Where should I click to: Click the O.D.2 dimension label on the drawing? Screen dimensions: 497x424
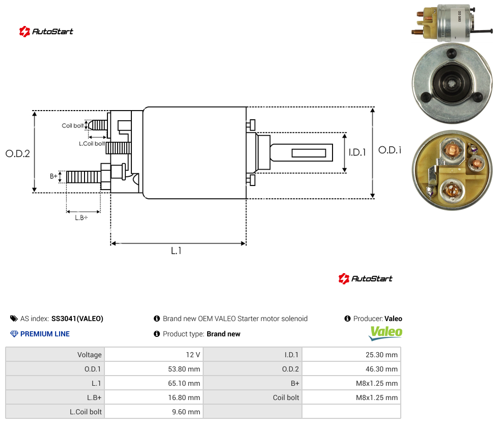(18, 154)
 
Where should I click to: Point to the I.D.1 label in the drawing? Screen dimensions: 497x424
(357, 152)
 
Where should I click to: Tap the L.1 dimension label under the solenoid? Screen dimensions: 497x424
(176, 251)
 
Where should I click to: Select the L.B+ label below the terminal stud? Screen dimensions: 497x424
(81, 218)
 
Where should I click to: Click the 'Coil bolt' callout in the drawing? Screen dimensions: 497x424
(73, 125)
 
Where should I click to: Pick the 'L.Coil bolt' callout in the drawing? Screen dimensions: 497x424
(92, 144)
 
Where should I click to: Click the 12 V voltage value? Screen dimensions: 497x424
(193, 355)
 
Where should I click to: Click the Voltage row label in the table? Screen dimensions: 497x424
(90, 355)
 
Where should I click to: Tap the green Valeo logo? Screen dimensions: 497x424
(385, 333)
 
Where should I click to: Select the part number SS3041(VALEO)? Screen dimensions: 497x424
(77, 319)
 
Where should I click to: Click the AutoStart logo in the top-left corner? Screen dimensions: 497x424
(46, 32)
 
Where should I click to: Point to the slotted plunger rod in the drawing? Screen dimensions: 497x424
(301, 152)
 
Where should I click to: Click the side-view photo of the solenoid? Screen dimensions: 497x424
(452, 23)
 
